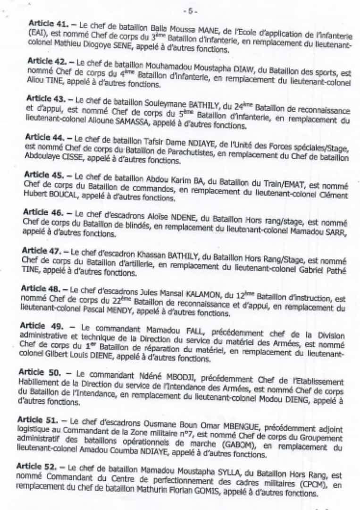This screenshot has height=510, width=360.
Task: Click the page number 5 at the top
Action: [192, 10]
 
